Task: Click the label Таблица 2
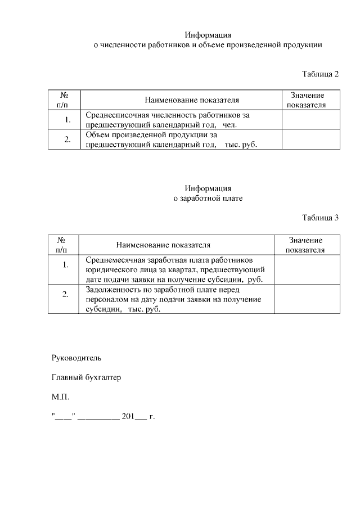(321, 74)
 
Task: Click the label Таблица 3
(321, 218)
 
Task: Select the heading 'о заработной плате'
(208, 198)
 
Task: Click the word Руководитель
(76, 357)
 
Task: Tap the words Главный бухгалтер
(86, 377)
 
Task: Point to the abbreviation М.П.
(60, 397)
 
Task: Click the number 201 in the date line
(128, 417)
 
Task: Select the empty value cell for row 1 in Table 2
(310, 120)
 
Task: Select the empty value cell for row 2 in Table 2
(310, 139)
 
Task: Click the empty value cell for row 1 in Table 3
(307, 269)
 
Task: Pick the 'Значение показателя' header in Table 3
(307, 245)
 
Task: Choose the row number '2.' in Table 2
(67, 140)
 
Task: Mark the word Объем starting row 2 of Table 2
(97, 135)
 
